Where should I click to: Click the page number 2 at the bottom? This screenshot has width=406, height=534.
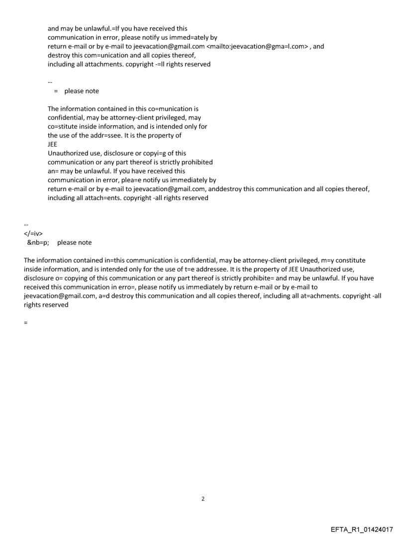click(203, 498)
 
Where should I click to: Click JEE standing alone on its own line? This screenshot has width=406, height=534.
click(53, 144)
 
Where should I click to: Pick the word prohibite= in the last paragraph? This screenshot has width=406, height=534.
click(262, 278)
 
